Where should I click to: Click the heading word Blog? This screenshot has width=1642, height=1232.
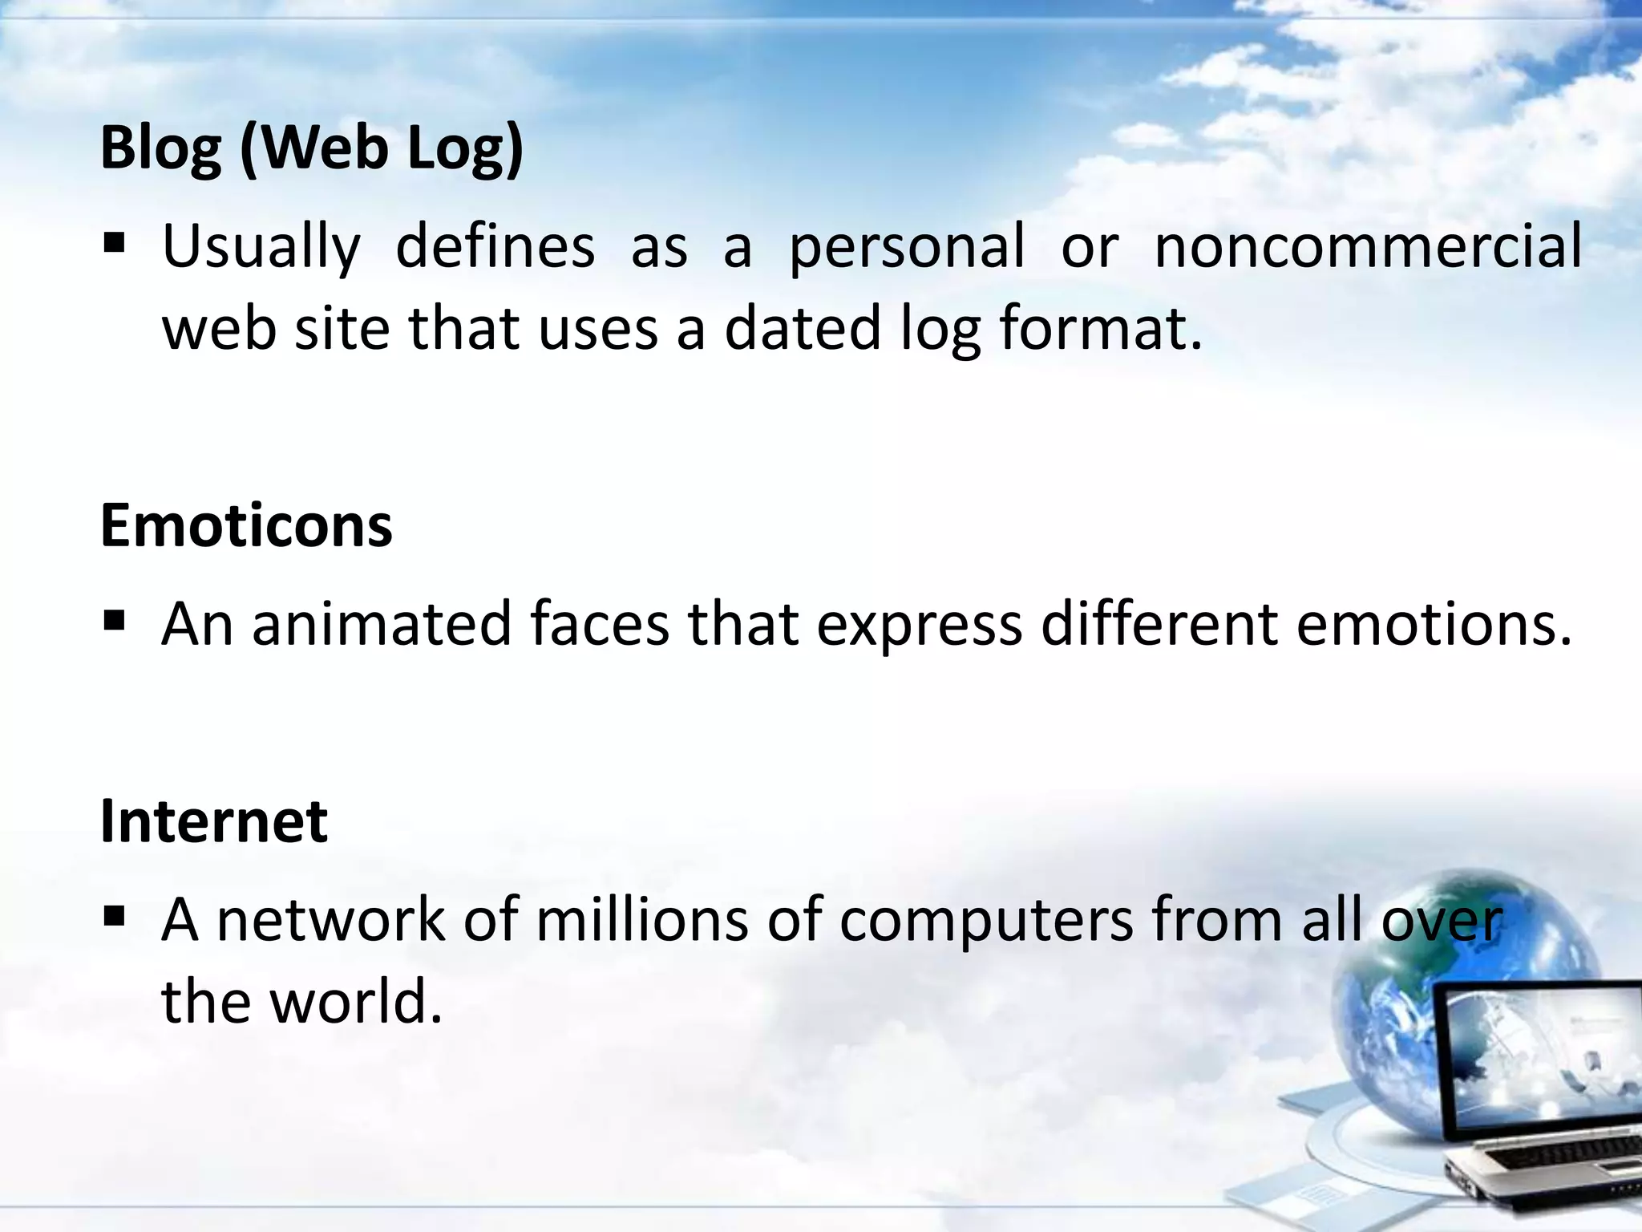pyautogui.click(x=160, y=148)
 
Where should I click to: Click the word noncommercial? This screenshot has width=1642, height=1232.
pyautogui.click(x=1368, y=245)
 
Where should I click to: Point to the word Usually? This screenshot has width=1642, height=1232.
pyautogui.click(x=261, y=247)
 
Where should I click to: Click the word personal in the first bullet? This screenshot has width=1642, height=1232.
pyautogui.click(x=907, y=247)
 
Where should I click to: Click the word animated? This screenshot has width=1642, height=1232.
pyautogui.click(x=382, y=623)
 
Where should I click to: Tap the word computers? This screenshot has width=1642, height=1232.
pyautogui.click(x=986, y=921)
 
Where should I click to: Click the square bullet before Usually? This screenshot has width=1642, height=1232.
pyautogui.click(x=115, y=242)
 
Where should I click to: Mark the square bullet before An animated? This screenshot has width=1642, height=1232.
pyautogui.click(x=115, y=619)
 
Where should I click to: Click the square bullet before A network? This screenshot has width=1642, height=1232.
pyautogui.click(x=115, y=915)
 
